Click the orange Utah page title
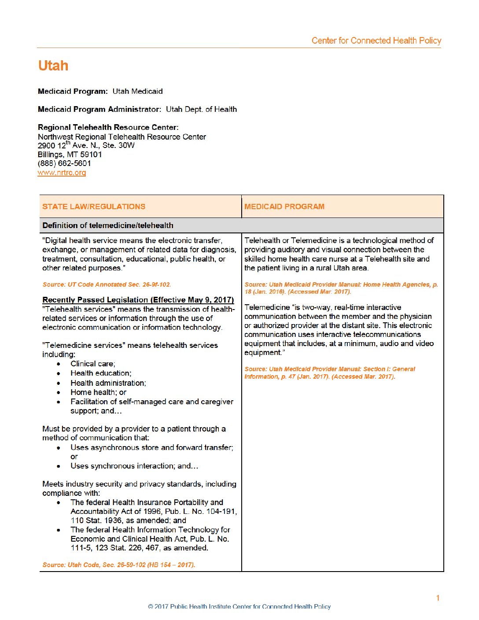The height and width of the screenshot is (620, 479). (x=53, y=66)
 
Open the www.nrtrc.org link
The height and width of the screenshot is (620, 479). (x=62, y=173)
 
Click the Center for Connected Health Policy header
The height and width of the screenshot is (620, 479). (x=376, y=41)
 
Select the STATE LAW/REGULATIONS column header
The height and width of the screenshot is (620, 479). (x=94, y=207)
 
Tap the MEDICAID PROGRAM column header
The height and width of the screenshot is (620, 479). (x=284, y=207)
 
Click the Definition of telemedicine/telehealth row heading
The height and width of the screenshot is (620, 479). (x=108, y=225)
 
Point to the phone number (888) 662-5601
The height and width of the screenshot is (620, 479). (x=64, y=163)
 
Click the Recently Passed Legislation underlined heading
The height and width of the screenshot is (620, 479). (x=138, y=300)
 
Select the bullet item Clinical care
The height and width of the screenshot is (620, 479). (x=93, y=364)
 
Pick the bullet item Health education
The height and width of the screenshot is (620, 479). (x=101, y=373)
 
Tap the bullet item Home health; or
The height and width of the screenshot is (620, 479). (x=98, y=392)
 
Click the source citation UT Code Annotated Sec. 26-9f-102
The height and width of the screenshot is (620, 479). (x=107, y=284)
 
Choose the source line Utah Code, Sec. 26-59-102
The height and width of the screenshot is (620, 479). (x=119, y=565)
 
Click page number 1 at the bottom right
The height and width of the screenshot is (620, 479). (x=438, y=598)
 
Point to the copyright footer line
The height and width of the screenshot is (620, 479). (x=239, y=606)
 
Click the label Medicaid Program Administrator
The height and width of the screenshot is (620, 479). (x=99, y=109)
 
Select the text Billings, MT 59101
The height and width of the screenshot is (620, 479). (x=70, y=155)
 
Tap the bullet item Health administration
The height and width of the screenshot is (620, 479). (x=108, y=383)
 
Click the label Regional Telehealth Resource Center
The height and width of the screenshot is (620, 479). (x=108, y=127)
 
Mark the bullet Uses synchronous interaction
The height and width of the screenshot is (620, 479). (x=134, y=466)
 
